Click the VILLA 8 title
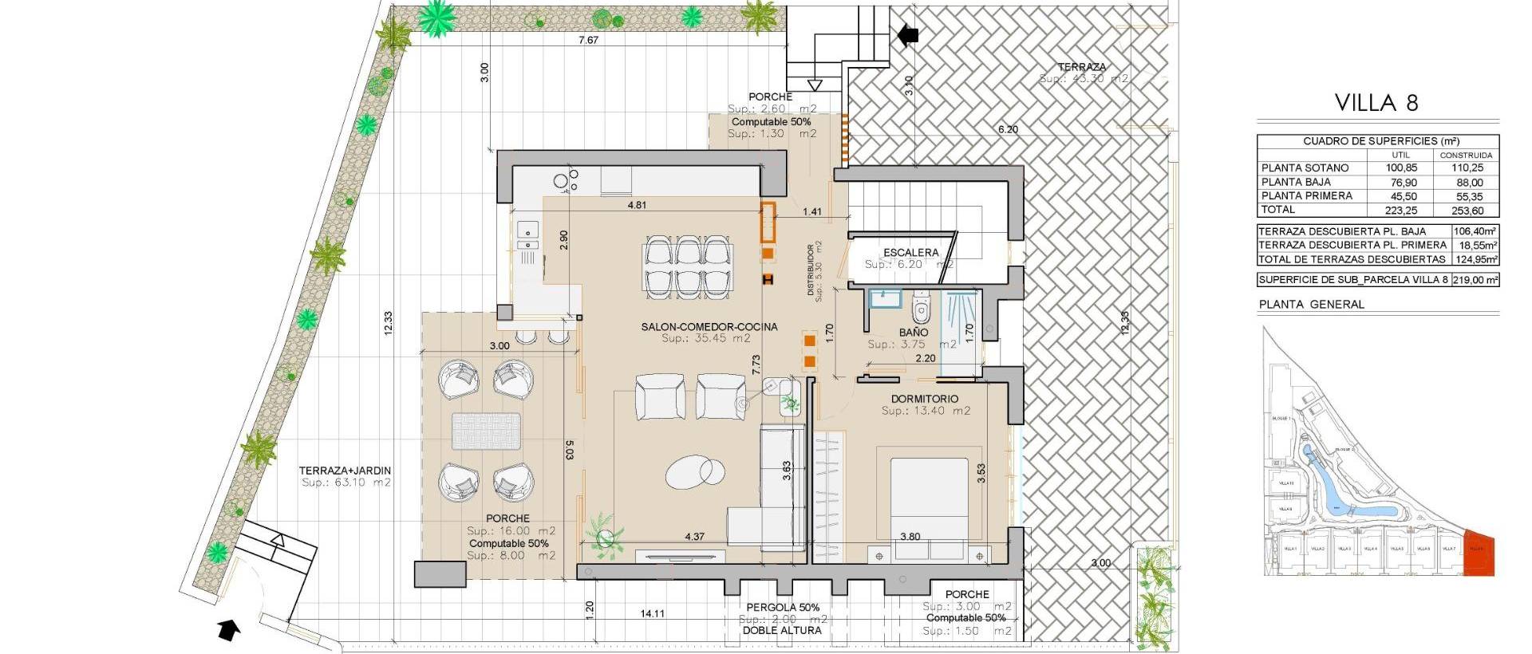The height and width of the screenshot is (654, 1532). point(1377,103)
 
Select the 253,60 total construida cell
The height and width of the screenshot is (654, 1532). point(1466,211)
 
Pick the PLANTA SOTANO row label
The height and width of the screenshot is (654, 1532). point(1305,167)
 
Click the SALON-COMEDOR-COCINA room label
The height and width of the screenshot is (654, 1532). point(709,327)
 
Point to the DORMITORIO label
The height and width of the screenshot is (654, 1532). point(925,399)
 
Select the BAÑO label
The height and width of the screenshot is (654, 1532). point(914,332)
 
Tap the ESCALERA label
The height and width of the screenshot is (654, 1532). point(911,253)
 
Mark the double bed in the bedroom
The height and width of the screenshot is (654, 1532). point(929,498)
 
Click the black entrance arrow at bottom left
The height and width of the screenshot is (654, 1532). point(229,630)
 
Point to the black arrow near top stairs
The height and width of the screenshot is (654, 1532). point(908,34)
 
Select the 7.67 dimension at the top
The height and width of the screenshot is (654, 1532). point(588,40)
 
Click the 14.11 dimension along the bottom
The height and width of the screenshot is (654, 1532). point(652,613)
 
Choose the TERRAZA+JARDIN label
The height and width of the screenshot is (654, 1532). point(345,471)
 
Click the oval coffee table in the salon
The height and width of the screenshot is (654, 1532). point(696,471)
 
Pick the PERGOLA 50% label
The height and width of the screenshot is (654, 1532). point(783,607)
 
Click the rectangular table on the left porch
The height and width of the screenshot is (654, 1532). point(486,431)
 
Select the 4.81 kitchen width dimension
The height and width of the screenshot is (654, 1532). point(637,205)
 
